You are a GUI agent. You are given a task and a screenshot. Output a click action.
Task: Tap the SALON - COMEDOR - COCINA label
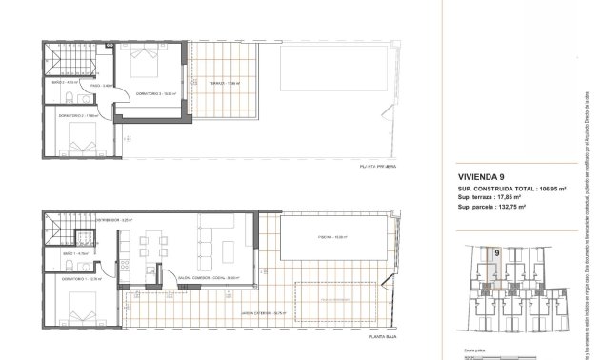[x=208, y=279]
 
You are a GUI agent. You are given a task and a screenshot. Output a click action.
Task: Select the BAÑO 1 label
[x=63, y=255]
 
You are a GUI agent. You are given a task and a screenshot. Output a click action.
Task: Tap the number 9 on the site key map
[x=498, y=252]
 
